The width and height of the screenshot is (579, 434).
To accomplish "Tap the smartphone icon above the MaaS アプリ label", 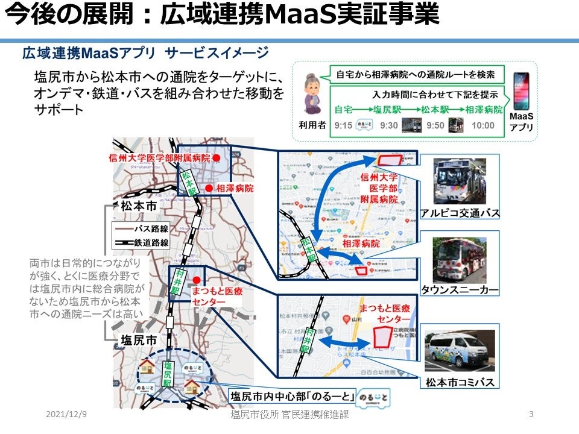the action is tap(520, 90).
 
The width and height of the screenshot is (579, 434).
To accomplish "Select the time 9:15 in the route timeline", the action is tap(343, 125).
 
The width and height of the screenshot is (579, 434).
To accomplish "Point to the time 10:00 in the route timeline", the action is tap(483, 125).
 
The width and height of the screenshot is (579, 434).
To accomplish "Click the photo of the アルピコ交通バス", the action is tap(460, 181).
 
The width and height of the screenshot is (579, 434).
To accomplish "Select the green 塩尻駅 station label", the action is tap(168, 373).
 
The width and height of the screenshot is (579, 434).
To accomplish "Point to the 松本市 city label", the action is tap(139, 206).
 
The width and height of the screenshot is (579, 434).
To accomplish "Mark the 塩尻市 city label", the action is tap(139, 339).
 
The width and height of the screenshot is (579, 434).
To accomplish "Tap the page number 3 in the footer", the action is tap(530, 415).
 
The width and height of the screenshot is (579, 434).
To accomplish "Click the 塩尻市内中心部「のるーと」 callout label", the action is tap(293, 396).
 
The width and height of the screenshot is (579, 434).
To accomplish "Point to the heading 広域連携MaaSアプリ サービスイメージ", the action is tap(145, 53).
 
